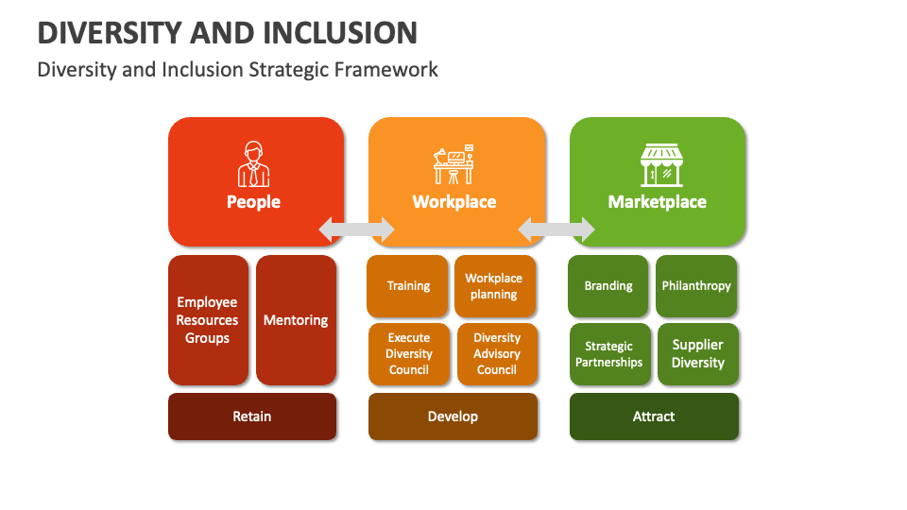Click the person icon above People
click(x=253, y=164)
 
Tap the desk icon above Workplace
click(x=453, y=164)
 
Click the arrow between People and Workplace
click(x=356, y=229)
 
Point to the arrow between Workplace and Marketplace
click(x=556, y=229)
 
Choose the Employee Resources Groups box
click(x=208, y=320)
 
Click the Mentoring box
click(x=296, y=320)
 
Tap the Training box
click(x=408, y=286)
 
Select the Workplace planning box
click(x=494, y=286)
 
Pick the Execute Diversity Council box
click(x=408, y=354)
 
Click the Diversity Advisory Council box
click(x=497, y=354)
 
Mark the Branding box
click(x=608, y=286)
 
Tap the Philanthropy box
click(x=696, y=286)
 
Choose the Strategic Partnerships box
click(x=608, y=354)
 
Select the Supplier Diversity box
click(x=697, y=354)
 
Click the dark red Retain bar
click(x=252, y=416)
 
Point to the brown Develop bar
click(x=453, y=416)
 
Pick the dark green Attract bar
click(x=654, y=416)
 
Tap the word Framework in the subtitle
click(x=389, y=70)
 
